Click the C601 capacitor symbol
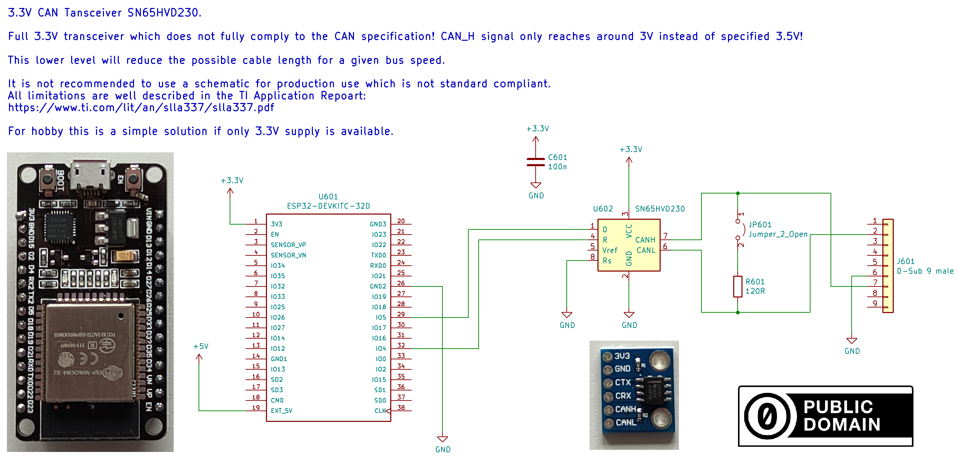[x=535, y=162]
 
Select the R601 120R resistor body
[x=737, y=286]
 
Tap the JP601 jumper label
[x=760, y=225]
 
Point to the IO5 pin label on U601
[x=381, y=318]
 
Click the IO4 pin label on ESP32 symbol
[x=381, y=349]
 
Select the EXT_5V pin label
[x=281, y=411]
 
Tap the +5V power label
[x=201, y=347]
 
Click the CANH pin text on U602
[x=645, y=240]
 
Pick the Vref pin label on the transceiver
[x=610, y=251]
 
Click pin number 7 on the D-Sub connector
[x=875, y=283]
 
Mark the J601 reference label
[x=905, y=261]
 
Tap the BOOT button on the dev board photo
[x=48, y=179]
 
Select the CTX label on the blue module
[x=623, y=382]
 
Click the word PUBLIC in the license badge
[x=838, y=407]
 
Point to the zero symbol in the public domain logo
[x=767, y=416]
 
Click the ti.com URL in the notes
[x=141, y=107]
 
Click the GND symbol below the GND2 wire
[x=442, y=440]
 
